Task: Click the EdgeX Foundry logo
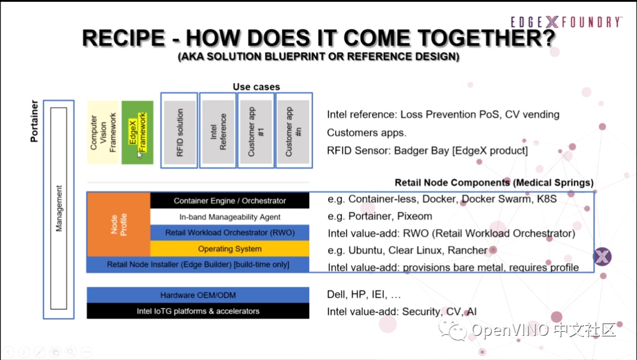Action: [x=565, y=22]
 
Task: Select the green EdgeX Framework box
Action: [x=137, y=132]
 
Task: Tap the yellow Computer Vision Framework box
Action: [x=103, y=132]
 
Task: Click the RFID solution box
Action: [x=179, y=130]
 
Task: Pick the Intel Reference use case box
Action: [x=218, y=130]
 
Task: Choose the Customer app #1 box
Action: [x=256, y=130]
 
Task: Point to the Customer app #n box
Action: [x=294, y=130]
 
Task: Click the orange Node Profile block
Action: [x=118, y=224]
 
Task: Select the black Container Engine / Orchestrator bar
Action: [x=230, y=201]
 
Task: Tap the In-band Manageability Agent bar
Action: [x=230, y=217]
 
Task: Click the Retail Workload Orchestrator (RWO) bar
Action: [x=230, y=233]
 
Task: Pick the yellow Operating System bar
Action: [x=230, y=248]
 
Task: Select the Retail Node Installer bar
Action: [x=198, y=264]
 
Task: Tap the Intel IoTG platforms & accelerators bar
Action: [x=198, y=311]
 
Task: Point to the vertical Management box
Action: [x=58, y=208]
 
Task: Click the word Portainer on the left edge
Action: [x=34, y=121]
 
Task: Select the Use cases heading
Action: [x=256, y=87]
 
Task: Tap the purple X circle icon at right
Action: [x=602, y=257]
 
